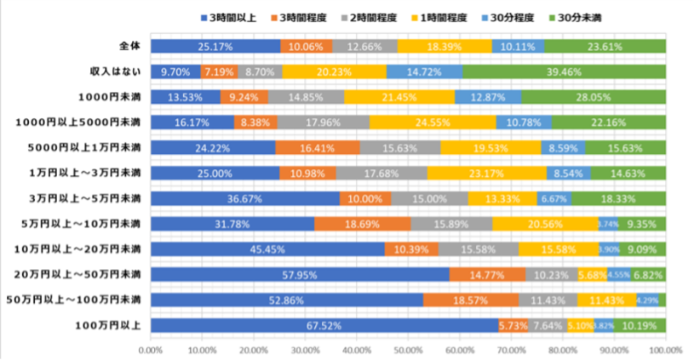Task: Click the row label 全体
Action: click(131, 46)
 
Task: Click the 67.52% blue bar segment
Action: click(324, 325)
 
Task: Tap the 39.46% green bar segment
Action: click(564, 71)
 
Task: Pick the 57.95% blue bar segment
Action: click(299, 275)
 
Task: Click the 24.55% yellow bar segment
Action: click(433, 123)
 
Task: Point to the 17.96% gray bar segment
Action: click(323, 123)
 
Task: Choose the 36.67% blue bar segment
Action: click(244, 198)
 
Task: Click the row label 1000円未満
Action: click(118, 97)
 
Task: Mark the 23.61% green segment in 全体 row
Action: click(605, 46)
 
